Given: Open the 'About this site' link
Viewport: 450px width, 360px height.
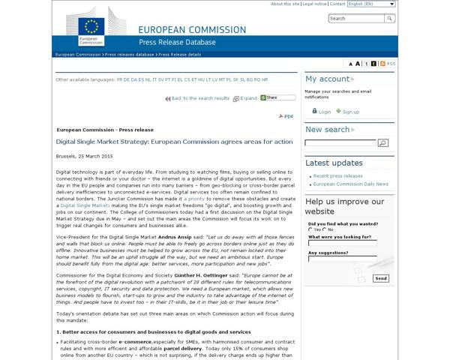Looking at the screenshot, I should point(285,4).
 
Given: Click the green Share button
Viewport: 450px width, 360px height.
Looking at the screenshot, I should point(278,97).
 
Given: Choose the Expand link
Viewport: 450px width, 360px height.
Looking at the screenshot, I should point(247,98).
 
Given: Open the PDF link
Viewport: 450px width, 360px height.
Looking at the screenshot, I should point(289,116).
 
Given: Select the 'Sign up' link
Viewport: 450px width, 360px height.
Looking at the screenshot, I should point(350,112).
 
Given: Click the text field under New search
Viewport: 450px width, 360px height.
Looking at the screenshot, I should point(340,142).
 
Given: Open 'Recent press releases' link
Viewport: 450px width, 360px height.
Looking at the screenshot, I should point(337,175).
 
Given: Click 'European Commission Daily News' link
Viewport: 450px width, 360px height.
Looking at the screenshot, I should point(350,183).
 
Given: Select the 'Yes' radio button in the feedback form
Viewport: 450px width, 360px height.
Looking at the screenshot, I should point(310,229).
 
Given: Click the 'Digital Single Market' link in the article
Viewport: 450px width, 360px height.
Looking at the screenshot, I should point(85,205).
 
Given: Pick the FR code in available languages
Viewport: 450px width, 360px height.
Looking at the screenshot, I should point(120,79).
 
